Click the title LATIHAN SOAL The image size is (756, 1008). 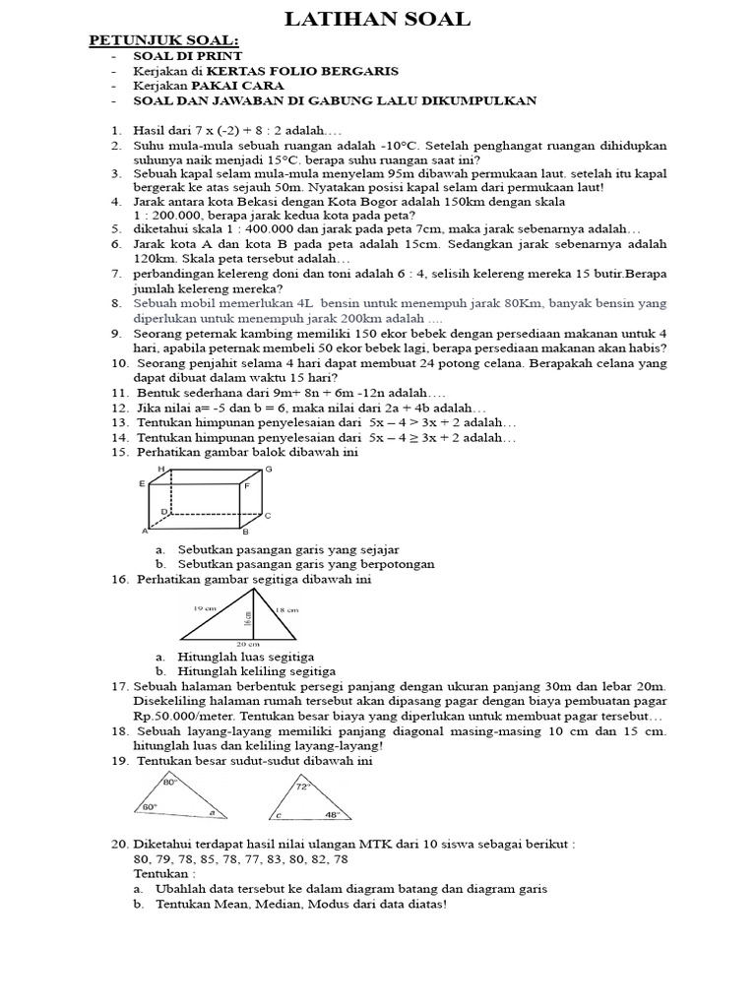coord(378,19)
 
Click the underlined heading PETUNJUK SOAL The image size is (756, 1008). coord(164,40)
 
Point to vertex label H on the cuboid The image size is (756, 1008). coord(161,470)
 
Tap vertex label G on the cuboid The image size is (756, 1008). coord(268,470)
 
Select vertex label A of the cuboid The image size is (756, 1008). coord(145,531)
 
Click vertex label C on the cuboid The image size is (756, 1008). coord(267,515)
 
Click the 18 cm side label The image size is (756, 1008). coord(285,610)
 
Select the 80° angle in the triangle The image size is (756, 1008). coord(168,782)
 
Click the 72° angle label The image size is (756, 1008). coord(304,787)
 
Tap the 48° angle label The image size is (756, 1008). coord(332,815)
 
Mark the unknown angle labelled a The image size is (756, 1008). coord(211,813)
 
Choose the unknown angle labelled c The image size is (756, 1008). coord(280,816)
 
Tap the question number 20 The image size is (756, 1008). coord(119,844)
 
